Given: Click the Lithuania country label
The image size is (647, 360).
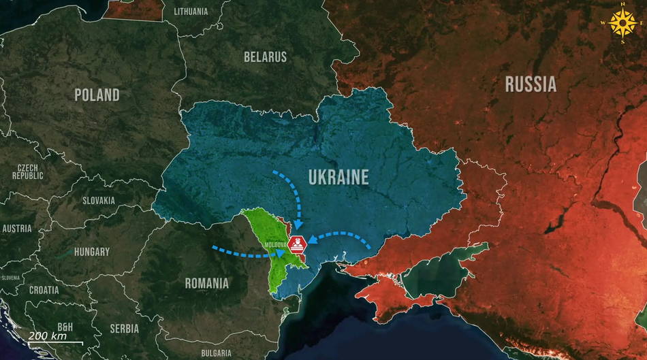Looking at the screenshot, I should coord(191,12).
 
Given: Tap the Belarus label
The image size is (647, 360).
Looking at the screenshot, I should coord(265,57).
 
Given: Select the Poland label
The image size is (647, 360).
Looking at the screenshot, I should coord(97,95).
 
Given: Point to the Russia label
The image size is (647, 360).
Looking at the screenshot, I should coord(531,84).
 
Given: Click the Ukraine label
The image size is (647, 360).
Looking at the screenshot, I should coord(338,178).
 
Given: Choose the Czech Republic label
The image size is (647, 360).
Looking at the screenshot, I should coord(27,171).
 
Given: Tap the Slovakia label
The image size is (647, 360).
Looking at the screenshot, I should coord(99,201).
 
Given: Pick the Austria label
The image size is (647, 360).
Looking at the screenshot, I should coord(17,229).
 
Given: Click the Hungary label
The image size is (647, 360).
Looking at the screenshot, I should coord(91,252).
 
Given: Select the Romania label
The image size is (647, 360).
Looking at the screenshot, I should coord(207,283).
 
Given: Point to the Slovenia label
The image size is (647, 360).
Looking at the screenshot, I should coord(10,278).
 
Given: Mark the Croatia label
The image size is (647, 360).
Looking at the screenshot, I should coord(44,290).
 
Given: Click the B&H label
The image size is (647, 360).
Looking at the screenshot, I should coord(65,327).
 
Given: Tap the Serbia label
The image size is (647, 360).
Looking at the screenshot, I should coord(125,329).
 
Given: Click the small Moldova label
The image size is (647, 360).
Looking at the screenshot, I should coord(277,242).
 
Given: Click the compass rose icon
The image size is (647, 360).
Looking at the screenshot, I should coord(622,22).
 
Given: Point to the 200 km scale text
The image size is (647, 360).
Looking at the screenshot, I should coord(47,336).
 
